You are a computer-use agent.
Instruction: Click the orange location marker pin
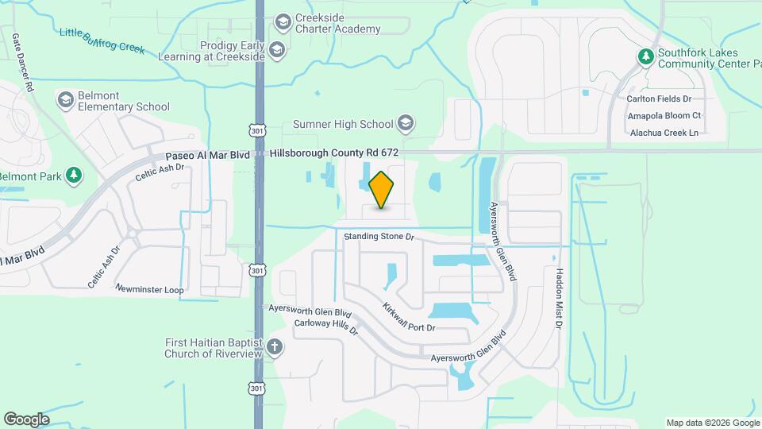pyautogui.click(x=381, y=189)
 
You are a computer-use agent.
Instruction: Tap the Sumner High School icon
pyautogui.click(x=406, y=123)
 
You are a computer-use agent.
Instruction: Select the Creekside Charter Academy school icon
pyautogui.click(x=283, y=23)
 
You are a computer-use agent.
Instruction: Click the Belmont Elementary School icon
pyautogui.click(x=66, y=100)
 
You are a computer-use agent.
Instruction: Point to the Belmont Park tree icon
pyautogui.click(x=74, y=176)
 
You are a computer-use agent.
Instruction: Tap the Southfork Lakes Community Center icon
pyautogui.click(x=645, y=56)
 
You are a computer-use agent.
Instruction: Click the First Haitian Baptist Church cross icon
pyautogui.click(x=275, y=347)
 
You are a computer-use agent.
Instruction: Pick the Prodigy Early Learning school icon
pyautogui.click(x=276, y=52)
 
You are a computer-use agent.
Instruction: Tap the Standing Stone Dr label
pyautogui.click(x=379, y=237)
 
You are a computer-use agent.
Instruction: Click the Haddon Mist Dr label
pyautogui.click(x=559, y=298)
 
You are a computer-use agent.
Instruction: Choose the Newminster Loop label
pyautogui.click(x=149, y=290)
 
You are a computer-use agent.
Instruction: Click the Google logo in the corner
pyautogui.click(x=26, y=419)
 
